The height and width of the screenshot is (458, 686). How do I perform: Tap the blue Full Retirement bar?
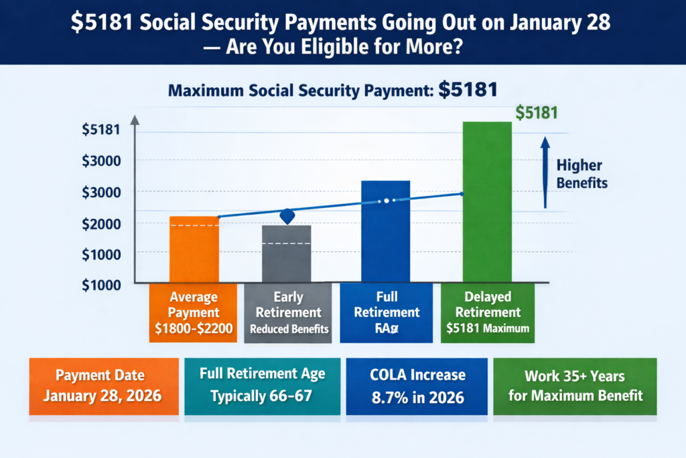click(385, 231)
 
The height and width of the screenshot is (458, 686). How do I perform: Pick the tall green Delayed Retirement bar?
click(487, 201)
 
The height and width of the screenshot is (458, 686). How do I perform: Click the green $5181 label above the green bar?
click(537, 113)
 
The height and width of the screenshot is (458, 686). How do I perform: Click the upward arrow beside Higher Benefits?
click(545, 172)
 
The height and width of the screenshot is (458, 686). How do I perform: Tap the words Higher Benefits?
click(581, 174)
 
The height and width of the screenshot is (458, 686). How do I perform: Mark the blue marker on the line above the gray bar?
click(287, 216)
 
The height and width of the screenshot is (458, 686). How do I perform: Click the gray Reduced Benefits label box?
click(289, 313)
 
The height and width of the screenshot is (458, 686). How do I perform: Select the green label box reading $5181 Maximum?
click(487, 313)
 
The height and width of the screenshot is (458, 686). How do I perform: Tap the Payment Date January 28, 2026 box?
click(102, 386)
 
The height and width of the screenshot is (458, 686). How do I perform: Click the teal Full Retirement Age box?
click(261, 386)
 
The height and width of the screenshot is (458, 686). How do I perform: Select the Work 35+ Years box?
click(575, 386)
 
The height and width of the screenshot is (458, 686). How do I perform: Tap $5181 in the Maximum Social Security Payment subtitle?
click(468, 91)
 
